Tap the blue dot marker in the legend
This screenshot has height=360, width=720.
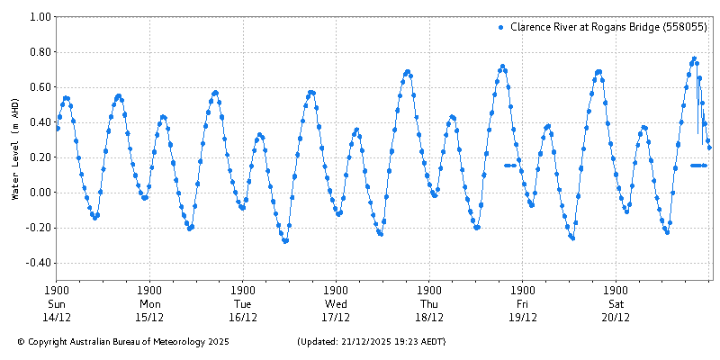(x=500, y=28)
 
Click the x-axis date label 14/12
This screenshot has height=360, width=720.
(x=57, y=317)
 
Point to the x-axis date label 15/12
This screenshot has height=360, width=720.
(x=149, y=317)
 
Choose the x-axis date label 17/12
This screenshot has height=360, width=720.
(x=336, y=317)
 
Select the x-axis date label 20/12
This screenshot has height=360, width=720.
(x=616, y=317)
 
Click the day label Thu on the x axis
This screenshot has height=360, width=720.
(x=429, y=303)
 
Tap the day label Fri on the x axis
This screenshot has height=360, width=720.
(x=522, y=303)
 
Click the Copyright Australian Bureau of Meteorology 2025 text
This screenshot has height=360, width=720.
(x=123, y=342)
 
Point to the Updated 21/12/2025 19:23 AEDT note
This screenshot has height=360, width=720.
(x=371, y=342)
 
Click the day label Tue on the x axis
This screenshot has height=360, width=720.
(x=243, y=303)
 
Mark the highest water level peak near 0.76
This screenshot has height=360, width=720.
(x=694, y=58)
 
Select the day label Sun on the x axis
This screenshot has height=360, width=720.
(x=57, y=303)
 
